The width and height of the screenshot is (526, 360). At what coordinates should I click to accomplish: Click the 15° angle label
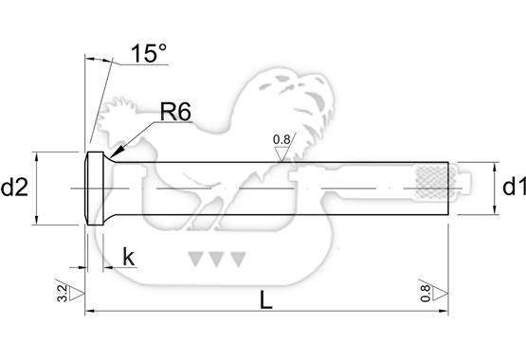pyautogui.click(x=149, y=53)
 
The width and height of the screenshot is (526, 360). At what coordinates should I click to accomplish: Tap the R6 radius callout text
pyautogui.click(x=175, y=112)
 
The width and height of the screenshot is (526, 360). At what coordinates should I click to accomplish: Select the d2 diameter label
pyautogui.click(x=14, y=188)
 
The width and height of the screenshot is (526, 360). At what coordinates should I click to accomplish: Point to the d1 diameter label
pyautogui.click(x=514, y=187)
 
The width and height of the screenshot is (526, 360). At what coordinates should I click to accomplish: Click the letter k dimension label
pyautogui.click(x=129, y=257)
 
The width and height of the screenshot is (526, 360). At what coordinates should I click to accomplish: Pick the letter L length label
pyautogui.click(x=266, y=299)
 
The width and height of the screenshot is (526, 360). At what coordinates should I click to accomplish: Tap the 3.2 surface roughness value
pyautogui.click(x=63, y=294)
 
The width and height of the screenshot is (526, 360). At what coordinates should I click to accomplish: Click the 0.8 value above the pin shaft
pyautogui.click(x=281, y=139)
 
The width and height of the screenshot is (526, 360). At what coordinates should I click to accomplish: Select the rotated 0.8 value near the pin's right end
pyautogui.click(x=426, y=293)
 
